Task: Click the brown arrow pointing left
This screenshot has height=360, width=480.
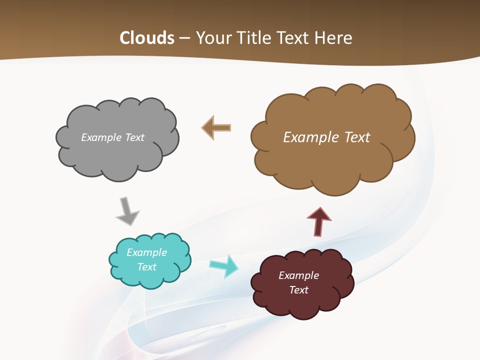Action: coord(216,127)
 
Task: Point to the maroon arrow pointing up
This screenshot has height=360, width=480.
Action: coord(319,221)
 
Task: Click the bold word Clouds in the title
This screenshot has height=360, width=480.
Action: coord(147,38)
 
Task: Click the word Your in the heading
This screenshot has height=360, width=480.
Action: coord(212,38)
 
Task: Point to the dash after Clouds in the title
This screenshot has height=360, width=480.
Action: coord(184,38)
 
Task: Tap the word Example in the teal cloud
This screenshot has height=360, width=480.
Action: coord(146,252)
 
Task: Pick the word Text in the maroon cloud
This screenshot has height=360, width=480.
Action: coord(298,290)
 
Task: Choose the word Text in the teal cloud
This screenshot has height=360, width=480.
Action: coord(146,267)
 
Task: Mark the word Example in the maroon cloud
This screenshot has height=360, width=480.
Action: coord(298,275)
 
